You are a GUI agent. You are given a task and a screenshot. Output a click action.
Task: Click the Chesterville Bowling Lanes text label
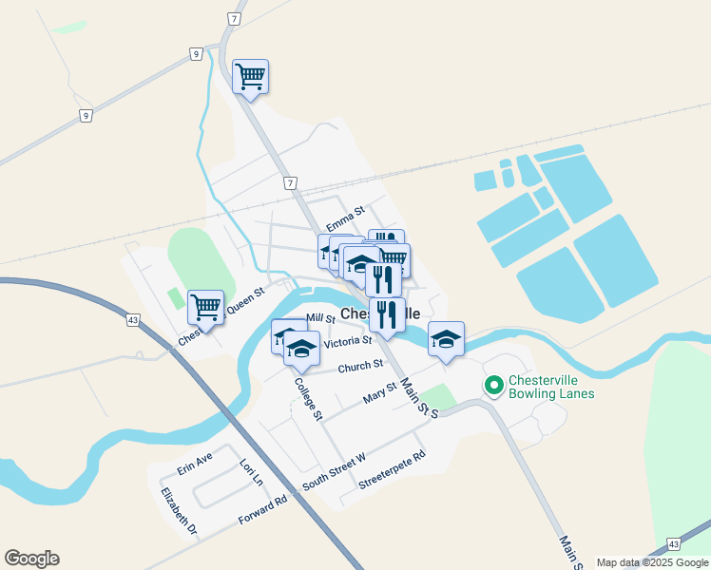[551, 387]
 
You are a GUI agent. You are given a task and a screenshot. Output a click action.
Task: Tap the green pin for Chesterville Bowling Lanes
[493, 386]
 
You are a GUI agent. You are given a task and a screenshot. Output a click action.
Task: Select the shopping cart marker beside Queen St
[205, 307]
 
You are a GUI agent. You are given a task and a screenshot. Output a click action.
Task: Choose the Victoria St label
[347, 341]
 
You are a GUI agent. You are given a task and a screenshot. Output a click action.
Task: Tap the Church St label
[359, 365]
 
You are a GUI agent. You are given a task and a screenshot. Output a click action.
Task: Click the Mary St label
[379, 393]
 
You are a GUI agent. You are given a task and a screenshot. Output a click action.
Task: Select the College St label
[309, 399]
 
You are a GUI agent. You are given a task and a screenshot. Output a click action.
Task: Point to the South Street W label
[334, 472]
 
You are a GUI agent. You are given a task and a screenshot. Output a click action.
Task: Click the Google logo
[31, 559]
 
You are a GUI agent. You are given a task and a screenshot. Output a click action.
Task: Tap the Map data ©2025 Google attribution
[653, 562]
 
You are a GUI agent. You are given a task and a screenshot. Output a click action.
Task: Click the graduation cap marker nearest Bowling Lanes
[446, 339]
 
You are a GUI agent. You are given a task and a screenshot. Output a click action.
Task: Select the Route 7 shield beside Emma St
[290, 182]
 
